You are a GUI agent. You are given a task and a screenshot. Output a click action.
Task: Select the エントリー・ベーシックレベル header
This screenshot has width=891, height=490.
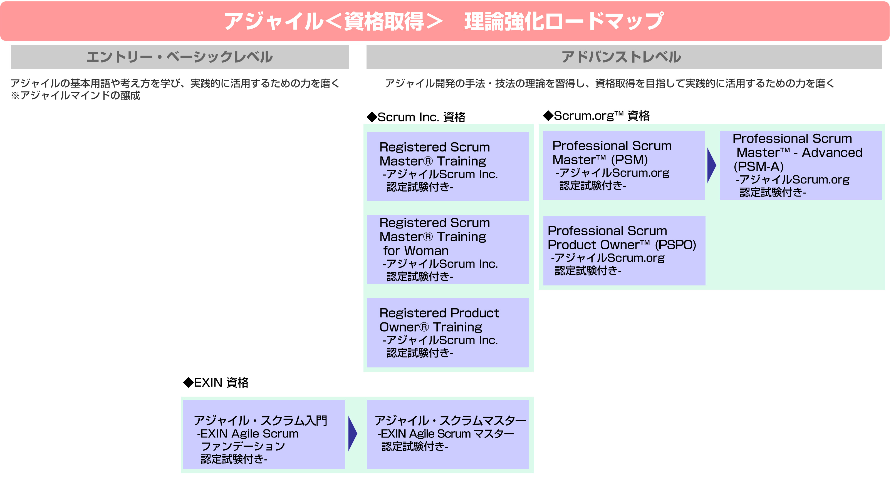click(180, 57)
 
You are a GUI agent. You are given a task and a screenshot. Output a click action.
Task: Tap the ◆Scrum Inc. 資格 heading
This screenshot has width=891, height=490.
click(416, 117)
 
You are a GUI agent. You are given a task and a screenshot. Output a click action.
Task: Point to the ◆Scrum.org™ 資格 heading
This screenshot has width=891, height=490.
click(596, 116)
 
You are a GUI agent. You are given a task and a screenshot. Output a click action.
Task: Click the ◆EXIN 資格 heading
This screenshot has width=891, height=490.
click(216, 382)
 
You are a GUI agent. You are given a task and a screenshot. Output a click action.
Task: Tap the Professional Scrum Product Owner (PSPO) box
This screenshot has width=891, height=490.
click(624, 251)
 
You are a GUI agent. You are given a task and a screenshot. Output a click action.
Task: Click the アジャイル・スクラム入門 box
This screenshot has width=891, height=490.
click(264, 434)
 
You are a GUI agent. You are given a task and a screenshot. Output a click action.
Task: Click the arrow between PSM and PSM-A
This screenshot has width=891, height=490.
click(711, 165)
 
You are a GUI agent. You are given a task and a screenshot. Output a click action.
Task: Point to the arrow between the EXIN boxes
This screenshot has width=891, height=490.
click(352, 434)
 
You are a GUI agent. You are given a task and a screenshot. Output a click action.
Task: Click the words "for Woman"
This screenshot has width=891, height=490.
click(416, 250)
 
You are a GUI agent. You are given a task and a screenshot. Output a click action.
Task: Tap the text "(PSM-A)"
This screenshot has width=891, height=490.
click(759, 166)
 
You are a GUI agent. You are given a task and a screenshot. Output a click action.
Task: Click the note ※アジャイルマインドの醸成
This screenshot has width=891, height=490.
click(75, 95)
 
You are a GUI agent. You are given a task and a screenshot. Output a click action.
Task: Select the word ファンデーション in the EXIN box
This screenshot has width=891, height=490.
click(243, 446)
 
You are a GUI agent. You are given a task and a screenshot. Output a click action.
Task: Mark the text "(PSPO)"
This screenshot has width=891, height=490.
click(675, 245)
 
